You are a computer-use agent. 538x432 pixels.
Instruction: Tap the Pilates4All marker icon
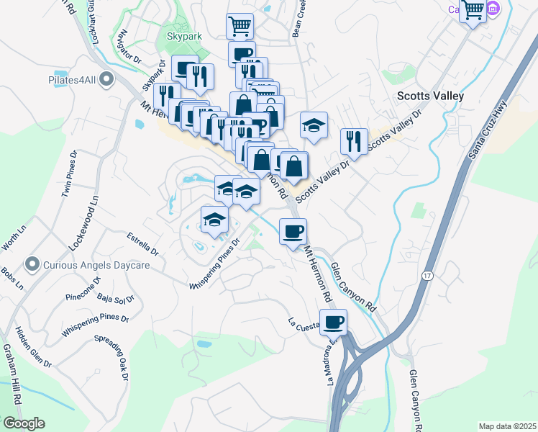(107, 78)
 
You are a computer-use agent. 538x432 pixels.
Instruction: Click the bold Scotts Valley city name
(430, 95)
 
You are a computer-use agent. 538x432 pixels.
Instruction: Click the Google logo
(24, 423)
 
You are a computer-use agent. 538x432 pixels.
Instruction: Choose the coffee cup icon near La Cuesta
(333, 323)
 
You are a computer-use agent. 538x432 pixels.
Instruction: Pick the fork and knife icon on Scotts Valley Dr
(354, 141)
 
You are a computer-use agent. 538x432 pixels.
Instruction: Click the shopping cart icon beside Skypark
(240, 26)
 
